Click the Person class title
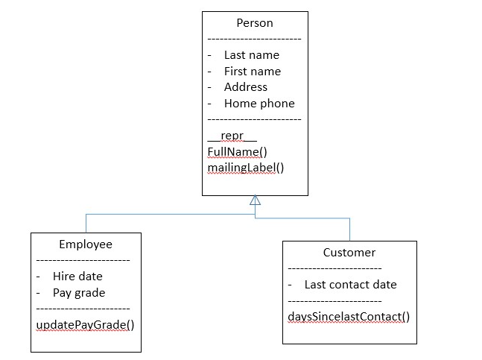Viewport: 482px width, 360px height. tap(255, 23)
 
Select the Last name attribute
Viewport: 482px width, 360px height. tap(251, 55)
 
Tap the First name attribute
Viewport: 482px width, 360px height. tap(252, 72)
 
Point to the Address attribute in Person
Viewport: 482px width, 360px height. tap(245, 87)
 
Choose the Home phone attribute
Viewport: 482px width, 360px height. tap(259, 104)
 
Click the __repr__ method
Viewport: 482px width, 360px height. tap(232, 136)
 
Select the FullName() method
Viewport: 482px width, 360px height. tap(237, 152)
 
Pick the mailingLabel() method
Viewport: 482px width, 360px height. tap(246, 168)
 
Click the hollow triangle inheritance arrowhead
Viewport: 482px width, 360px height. tap(255, 200)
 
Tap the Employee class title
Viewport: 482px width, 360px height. tap(86, 244)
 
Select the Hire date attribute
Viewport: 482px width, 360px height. tap(77, 277)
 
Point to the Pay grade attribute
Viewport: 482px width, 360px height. tap(79, 293)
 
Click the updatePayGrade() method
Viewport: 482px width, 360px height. tap(85, 325)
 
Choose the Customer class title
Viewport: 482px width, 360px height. tap(349, 253)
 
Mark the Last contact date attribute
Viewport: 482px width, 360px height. tap(350, 285)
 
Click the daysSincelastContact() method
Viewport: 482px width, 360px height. tap(349, 317)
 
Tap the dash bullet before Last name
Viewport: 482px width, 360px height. tap(210, 55)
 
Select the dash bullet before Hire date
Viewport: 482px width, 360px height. tap(39, 277)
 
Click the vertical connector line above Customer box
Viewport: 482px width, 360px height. tap(349, 230)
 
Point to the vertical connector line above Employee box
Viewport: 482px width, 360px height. tap(86, 223)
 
